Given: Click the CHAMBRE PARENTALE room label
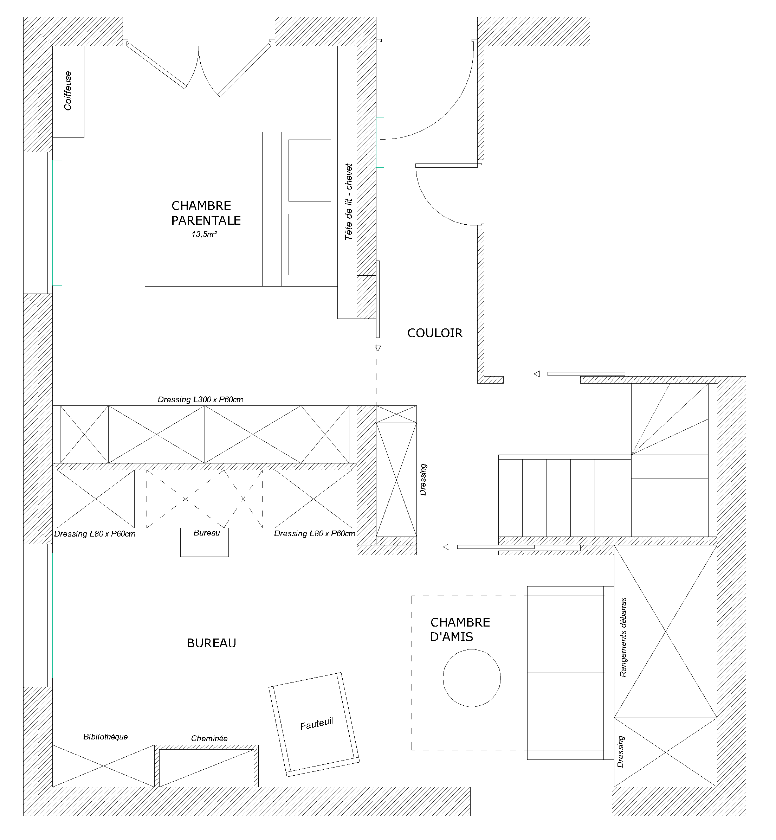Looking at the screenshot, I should (205, 213).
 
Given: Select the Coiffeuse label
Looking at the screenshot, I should (67, 91).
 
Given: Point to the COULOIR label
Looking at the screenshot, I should (435, 333).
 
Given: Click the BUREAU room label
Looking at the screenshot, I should (211, 643).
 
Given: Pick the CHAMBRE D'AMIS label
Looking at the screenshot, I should (460, 629).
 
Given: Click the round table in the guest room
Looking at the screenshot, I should (472, 678).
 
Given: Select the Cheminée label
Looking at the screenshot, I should (209, 738).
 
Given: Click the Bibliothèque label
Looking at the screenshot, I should (105, 736).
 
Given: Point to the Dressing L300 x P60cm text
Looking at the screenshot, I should (200, 399).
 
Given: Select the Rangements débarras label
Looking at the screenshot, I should (623, 637).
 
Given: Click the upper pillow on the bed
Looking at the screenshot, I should (310, 170).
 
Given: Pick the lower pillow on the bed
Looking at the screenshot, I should (310, 244).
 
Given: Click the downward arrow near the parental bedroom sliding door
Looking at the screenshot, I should (377, 348).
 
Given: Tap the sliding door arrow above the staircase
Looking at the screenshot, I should (537, 374).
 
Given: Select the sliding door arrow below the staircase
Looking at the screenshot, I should (446, 547).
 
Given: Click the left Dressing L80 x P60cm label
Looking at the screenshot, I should (95, 534).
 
